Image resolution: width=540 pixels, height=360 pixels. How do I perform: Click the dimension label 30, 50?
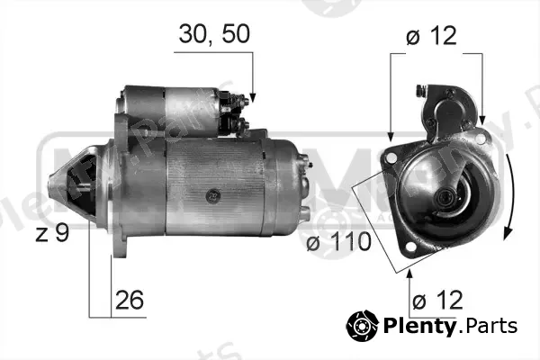pos(214,34)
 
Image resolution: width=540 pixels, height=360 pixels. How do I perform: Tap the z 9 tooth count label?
pos(52,233)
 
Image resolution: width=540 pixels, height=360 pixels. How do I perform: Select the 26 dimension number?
pos(129,300)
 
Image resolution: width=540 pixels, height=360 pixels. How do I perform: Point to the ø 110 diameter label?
pos(339,241)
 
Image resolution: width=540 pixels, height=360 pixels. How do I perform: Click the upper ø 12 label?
pos(431,35)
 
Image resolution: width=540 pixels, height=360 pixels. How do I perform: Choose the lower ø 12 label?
pos(437,300)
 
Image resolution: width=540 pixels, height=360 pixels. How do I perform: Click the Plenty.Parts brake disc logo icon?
pos(363,325)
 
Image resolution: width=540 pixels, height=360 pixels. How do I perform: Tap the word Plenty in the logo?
pos(419,326)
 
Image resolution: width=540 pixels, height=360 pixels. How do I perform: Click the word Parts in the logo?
pos(490,326)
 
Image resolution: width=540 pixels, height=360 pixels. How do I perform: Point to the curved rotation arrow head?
pos(508,234)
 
